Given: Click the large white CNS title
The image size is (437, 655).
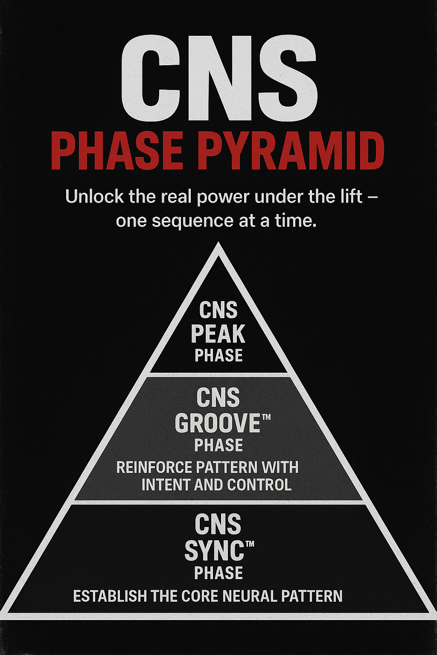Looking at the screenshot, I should click(x=218, y=79).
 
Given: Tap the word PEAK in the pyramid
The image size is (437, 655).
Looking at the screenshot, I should click(x=218, y=334).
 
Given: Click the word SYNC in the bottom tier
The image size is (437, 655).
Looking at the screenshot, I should click(x=214, y=551).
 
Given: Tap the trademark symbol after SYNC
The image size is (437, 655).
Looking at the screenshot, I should click(x=250, y=544).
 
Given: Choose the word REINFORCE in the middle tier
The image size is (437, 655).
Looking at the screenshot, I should click(x=154, y=467).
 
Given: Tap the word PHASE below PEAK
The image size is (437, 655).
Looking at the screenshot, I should click(x=218, y=356).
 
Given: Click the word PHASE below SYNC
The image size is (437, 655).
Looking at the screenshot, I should click(x=218, y=573).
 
